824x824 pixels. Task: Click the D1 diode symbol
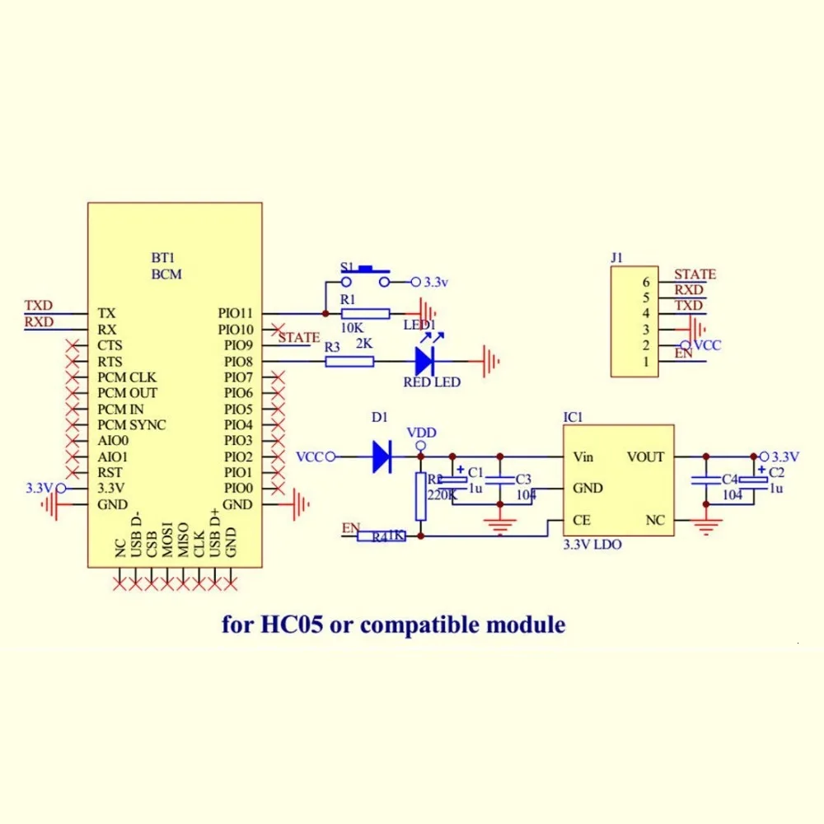[381, 456]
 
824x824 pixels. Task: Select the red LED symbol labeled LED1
[424, 360]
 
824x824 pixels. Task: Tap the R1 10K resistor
[366, 313]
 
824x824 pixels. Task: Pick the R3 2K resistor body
[349, 361]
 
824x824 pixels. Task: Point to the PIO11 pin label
[235, 313]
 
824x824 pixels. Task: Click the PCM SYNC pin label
[131, 424]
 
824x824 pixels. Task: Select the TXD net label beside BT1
[39, 305]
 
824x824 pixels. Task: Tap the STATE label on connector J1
[695, 274]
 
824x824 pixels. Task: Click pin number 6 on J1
[647, 282]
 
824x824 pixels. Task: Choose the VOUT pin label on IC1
[644, 456]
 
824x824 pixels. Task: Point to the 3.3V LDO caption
[592, 545]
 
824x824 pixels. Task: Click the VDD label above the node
[421, 433]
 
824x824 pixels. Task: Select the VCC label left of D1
[311, 456]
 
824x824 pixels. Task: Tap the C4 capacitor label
[729, 480]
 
